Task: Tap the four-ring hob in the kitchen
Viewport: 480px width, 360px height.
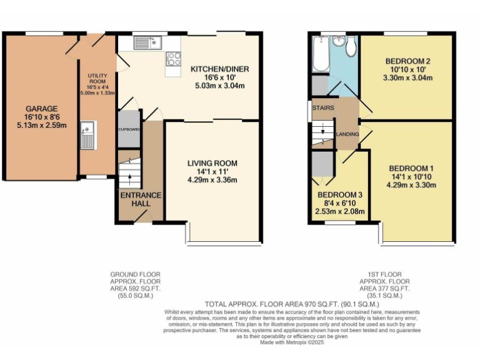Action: tap(172, 59)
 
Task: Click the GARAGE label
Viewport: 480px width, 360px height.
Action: tap(41, 108)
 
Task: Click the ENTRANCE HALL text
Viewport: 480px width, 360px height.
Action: tap(141, 199)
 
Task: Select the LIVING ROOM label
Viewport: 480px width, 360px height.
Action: tap(212, 163)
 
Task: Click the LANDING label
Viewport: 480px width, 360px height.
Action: tap(347, 134)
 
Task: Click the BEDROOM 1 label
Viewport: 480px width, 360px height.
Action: tap(411, 168)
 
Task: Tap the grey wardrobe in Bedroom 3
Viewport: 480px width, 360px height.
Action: tap(322, 164)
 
